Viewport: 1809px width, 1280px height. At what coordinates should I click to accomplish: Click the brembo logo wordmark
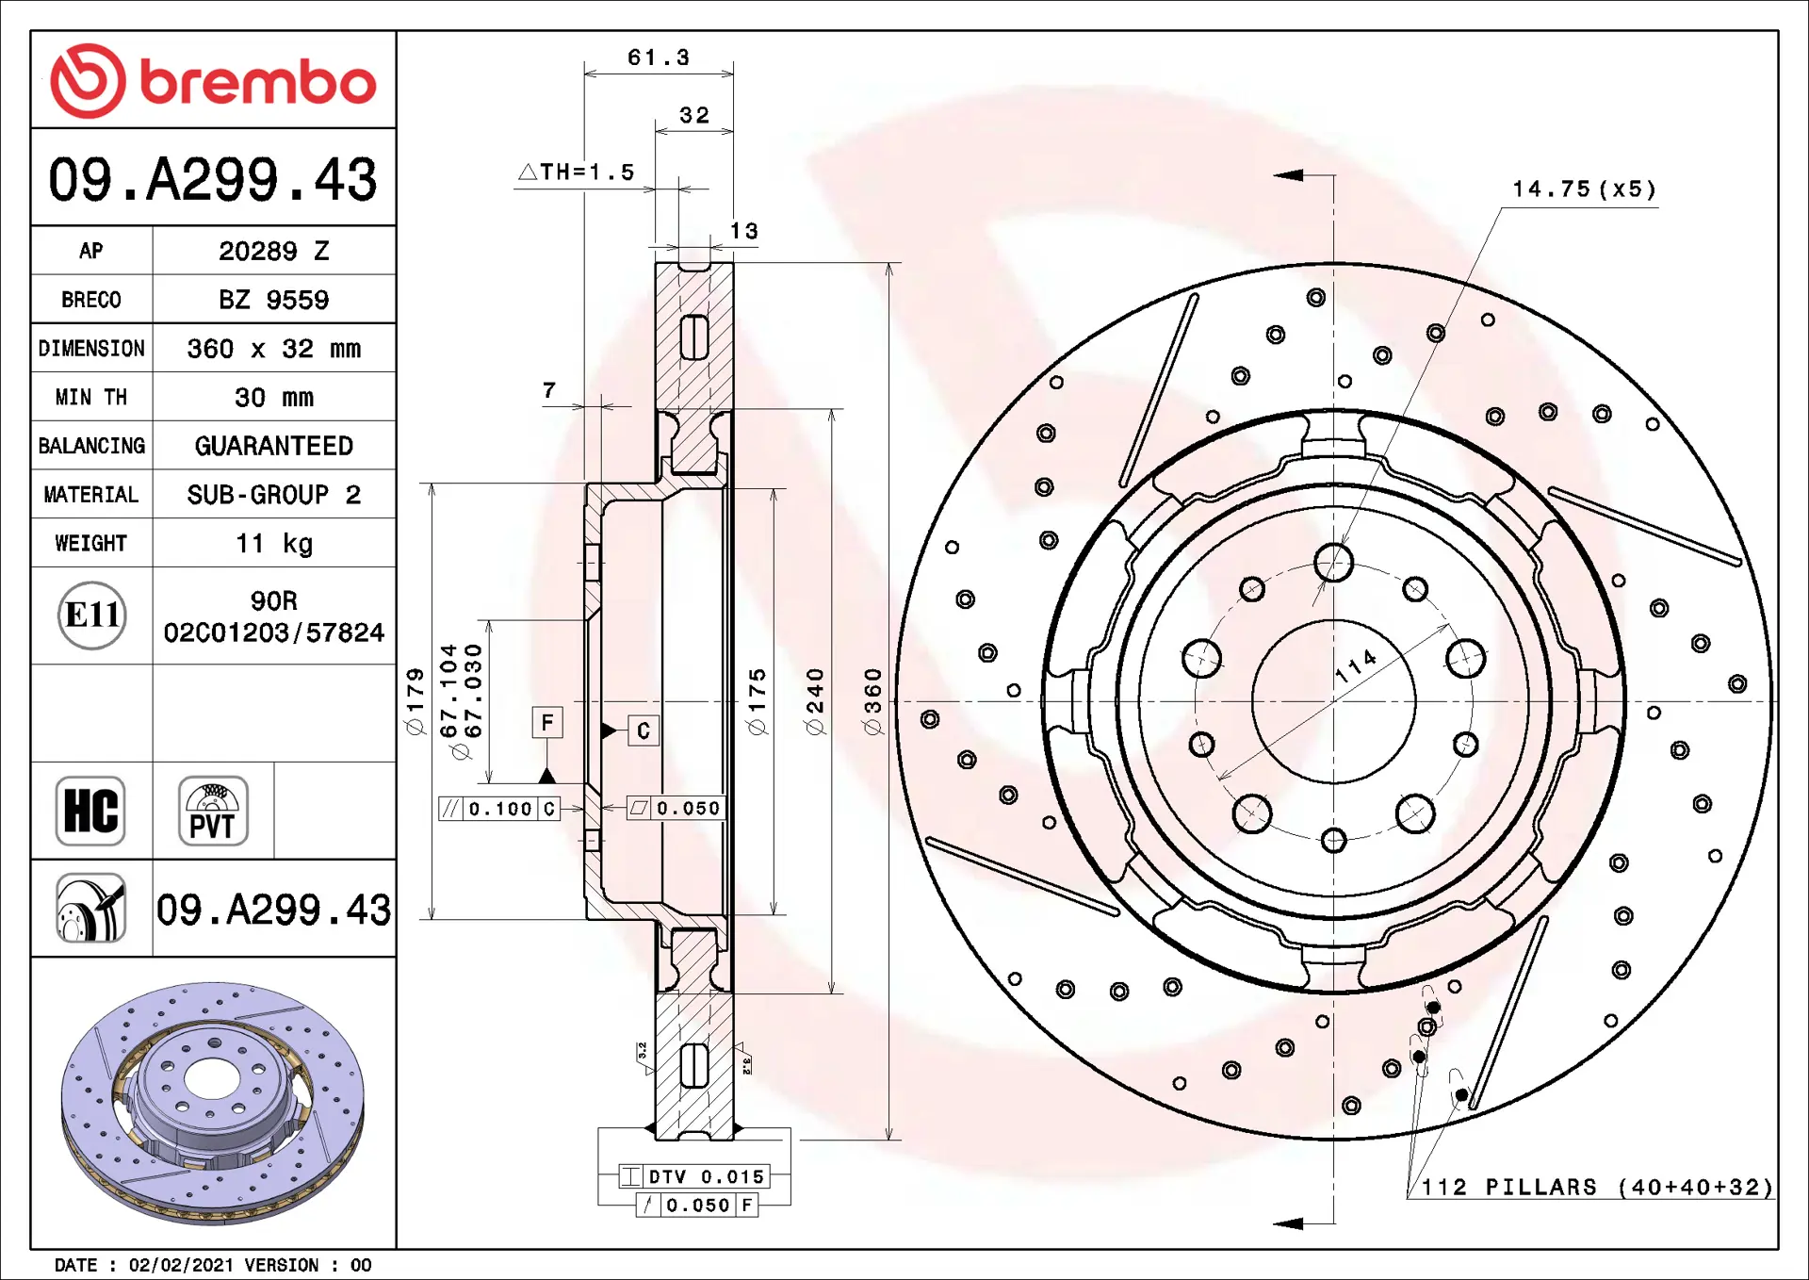pos(257,82)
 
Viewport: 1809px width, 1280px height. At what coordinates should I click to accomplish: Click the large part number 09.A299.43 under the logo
pos(213,179)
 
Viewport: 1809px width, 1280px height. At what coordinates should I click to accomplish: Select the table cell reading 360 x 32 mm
pos(274,349)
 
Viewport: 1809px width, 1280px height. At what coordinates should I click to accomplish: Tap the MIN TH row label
pos(91,398)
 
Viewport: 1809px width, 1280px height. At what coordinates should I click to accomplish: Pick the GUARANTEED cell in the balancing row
pos(274,446)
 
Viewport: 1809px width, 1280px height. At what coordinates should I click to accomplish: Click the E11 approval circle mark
pos(91,615)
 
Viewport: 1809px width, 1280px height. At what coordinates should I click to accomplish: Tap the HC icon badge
pos(90,811)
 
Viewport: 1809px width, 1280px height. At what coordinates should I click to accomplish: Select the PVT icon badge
pos(213,811)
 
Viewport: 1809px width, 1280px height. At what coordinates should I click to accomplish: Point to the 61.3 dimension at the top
pos(659,57)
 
